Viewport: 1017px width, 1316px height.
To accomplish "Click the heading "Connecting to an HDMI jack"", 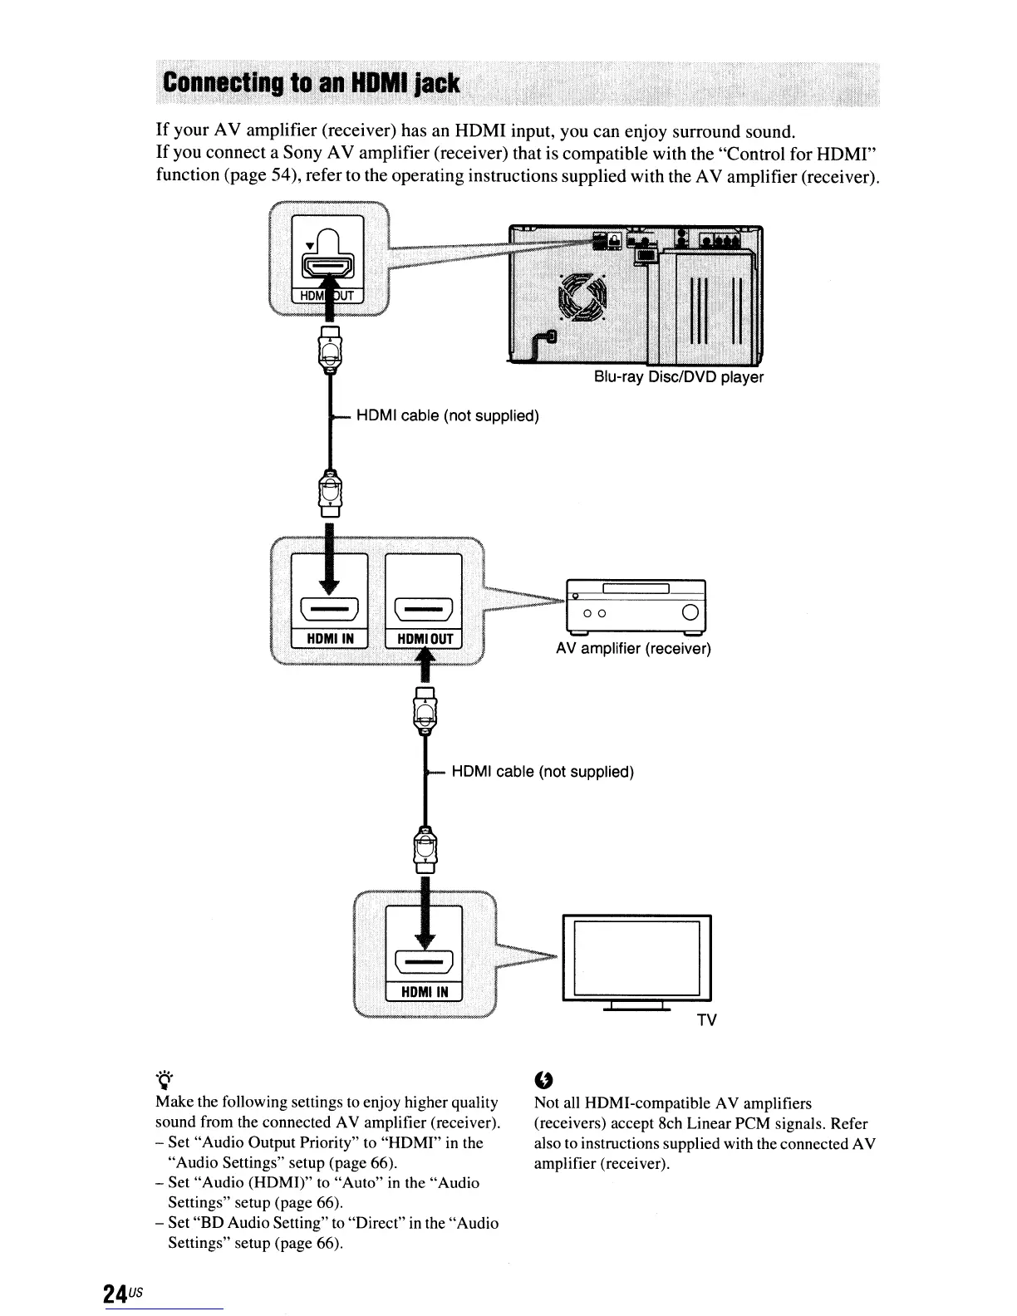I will (312, 83).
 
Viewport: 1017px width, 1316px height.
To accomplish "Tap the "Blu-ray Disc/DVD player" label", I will (678, 377).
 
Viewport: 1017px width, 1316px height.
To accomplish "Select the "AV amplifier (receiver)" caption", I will (633, 648).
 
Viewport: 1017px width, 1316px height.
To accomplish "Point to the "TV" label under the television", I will (706, 1020).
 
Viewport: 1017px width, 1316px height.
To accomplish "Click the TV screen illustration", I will (636, 958).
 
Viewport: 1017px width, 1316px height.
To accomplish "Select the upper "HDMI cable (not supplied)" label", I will (448, 415).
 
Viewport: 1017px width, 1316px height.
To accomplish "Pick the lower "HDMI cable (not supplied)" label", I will (543, 772).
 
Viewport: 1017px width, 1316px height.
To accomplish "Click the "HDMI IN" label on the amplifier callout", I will (329, 638).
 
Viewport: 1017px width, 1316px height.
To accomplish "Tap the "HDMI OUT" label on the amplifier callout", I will (424, 638).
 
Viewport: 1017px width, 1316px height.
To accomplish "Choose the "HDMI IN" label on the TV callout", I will (425, 992).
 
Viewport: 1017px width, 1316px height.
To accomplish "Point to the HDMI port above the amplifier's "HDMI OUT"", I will (424, 610).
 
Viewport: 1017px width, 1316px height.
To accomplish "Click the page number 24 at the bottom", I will (115, 1293).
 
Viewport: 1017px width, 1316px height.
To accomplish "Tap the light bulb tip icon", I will (163, 1079).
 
